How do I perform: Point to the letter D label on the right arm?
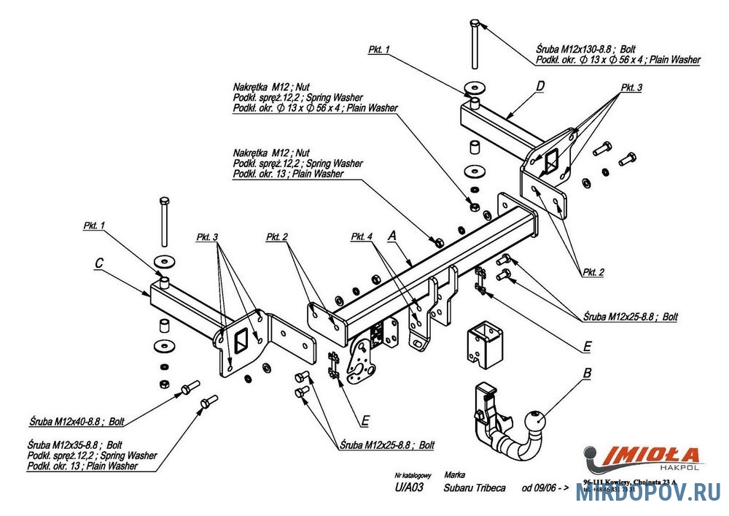click(539, 86)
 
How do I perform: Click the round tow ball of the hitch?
click(535, 420)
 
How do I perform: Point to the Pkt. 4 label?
click(362, 236)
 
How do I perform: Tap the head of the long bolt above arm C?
click(162, 200)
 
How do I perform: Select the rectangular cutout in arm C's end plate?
click(240, 340)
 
